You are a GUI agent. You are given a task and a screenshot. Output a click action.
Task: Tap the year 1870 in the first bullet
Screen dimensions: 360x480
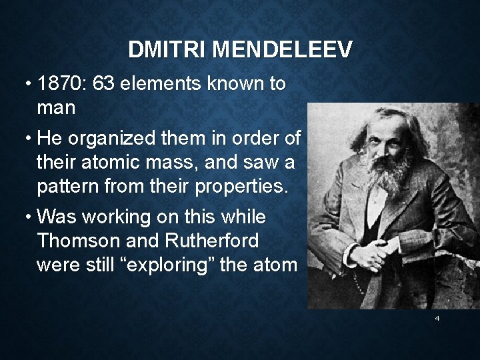coord(62,85)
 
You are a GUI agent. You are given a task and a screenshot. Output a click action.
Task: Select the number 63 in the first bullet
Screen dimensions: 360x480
coord(105,85)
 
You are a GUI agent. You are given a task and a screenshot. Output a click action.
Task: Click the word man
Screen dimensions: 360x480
coord(56,107)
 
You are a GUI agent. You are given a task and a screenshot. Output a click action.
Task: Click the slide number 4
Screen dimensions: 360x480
coord(437,319)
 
